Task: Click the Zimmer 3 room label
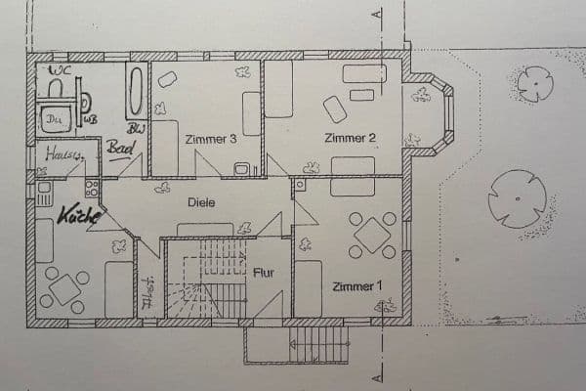[x=212, y=140]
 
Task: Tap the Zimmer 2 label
[x=351, y=138]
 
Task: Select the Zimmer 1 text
[x=354, y=286]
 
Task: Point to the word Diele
[x=202, y=202]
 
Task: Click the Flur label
[x=265, y=273]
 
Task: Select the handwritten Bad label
[x=120, y=149]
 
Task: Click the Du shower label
[x=52, y=120]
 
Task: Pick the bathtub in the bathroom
[x=136, y=91]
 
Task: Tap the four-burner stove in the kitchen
[x=92, y=188]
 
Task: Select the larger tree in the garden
[x=517, y=198]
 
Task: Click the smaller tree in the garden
[x=535, y=84]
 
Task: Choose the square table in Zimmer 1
[x=372, y=235]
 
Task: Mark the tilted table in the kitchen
[x=64, y=289]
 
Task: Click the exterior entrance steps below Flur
[x=319, y=345]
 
